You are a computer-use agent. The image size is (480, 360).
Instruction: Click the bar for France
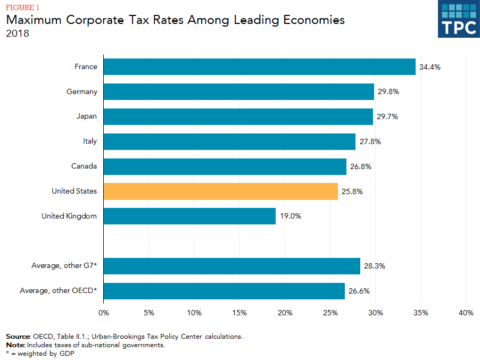click(x=259, y=67)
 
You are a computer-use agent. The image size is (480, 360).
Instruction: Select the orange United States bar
click(x=220, y=191)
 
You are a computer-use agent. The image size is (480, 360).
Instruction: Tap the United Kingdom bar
click(x=189, y=216)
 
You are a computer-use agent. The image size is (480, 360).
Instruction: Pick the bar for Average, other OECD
click(x=224, y=291)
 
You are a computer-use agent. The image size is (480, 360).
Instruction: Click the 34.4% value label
click(x=430, y=67)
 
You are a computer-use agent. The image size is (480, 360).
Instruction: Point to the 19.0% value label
click(x=290, y=216)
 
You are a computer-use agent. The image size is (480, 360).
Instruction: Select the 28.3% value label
click(x=375, y=266)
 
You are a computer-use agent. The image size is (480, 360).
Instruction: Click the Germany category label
click(x=82, y=91)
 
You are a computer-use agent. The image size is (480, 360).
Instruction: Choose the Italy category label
click(x=90, y=141)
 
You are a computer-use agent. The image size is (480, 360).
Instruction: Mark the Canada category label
click(x=84, y=166)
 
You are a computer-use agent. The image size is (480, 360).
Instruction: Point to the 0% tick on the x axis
click(x=104, y=313)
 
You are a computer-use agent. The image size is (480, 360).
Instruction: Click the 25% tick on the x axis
click(x=330, y=313)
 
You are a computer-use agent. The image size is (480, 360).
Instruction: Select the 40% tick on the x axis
click(x=466, y=313)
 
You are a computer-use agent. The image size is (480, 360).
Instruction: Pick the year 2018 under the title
click(x=17, y=34)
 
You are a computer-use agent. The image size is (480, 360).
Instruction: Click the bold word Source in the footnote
click(x=18, y=337)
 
